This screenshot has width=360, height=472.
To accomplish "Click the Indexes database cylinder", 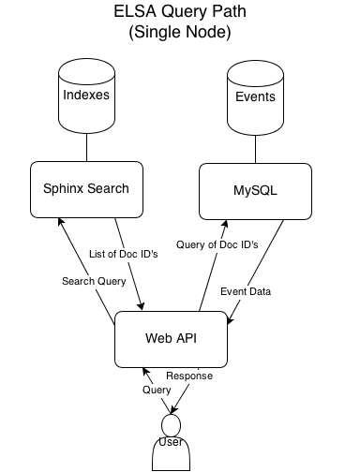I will click(x=86, y=96).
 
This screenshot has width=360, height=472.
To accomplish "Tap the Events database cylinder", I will click(x=255, y=96).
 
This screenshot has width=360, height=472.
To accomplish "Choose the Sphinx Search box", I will click(x=85, y=189).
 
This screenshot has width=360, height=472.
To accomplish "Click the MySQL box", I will click(x=255, y=190).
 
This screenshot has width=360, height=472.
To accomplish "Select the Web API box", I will click(x=172, y=338).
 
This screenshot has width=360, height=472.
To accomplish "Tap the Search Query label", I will click(x=94, y=281).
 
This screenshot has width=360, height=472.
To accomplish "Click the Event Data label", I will click(x=246, y=292).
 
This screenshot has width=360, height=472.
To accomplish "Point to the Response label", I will click(x=190, y=376).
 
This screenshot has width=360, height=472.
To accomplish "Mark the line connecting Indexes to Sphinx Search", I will click(x=86, y=146).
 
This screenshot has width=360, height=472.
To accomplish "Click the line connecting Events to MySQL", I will click(x=255, y=146).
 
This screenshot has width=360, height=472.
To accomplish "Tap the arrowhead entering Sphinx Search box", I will click(x=59, y=221).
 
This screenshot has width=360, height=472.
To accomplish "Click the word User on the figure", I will click(x=171, y=441).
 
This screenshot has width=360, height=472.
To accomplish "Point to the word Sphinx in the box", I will click(x=64, y=189).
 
